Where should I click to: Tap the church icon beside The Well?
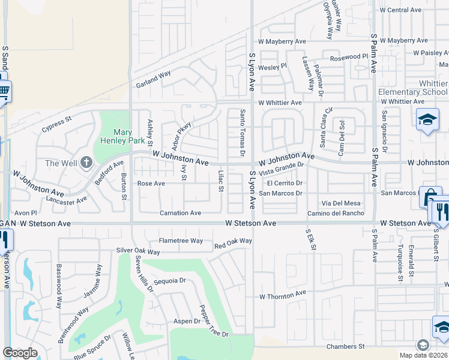(x=86, y=163)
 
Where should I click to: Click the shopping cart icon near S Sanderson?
(x=4, y=92)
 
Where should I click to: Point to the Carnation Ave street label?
(x=180, y=213)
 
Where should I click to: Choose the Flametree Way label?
(x=181, y=241)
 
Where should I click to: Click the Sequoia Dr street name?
(x=170, y=280)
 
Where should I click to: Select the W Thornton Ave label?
(x=282, y=295)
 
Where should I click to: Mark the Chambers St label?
(x=345, y=346)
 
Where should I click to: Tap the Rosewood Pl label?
(x=349, y=57)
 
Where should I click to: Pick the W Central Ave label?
(x=400, y=10)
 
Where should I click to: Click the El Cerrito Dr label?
(x=284, y=183)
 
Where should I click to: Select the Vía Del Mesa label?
(x=341, y=203)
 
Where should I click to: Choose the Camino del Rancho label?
(x=336, y=214)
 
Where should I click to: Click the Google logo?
(x=20, y=353)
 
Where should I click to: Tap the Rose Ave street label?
(x=151, y=184)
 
